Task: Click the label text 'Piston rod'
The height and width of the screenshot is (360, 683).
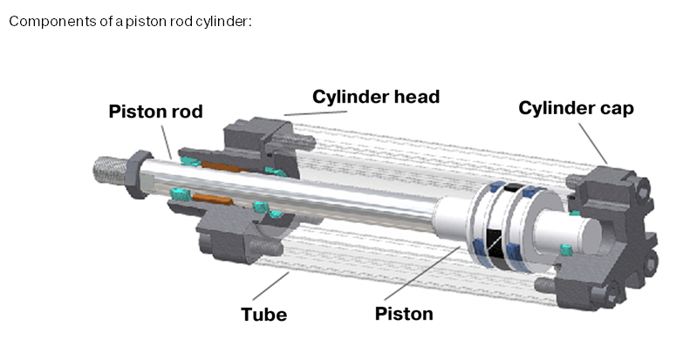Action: point(155,112)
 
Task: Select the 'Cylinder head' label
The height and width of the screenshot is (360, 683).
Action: point(376,96)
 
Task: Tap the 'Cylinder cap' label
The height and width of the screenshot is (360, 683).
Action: point(576,108)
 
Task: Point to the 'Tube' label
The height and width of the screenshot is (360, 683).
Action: point(263,314)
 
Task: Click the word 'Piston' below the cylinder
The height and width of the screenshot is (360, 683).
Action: point(404,313)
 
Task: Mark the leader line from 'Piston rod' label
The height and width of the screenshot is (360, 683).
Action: point(167,137)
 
